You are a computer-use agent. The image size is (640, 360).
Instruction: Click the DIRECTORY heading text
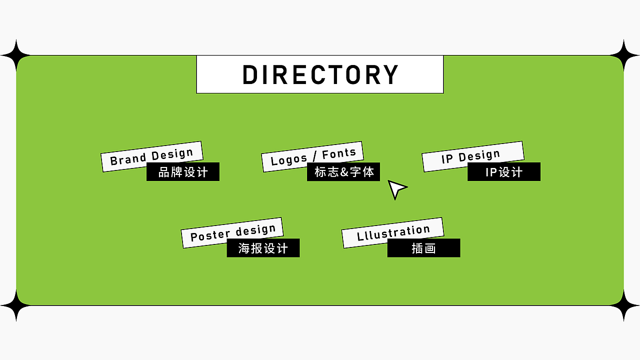pos(320,74)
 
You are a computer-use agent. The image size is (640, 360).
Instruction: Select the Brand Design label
pos(151,156)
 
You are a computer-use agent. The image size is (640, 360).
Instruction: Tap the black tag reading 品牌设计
pos(183,172)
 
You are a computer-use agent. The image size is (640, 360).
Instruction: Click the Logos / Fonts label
pos(312,156)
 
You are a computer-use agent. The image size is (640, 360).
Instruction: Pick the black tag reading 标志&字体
pos(343,172)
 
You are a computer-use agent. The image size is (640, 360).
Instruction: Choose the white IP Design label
pos(472,156)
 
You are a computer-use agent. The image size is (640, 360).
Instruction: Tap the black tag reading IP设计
pos(504,172)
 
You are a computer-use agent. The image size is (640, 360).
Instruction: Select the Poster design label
pos(232,232)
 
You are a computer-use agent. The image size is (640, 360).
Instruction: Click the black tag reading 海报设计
pos(263,248)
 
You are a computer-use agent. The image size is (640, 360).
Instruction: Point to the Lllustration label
pos(393,232)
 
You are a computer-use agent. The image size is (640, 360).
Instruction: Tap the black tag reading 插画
pos(423,248)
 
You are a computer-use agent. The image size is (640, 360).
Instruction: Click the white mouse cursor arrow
pos(396,188)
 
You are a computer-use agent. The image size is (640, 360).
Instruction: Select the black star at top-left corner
pos(16,55)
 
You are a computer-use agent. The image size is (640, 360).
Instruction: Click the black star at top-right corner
pos(624,55)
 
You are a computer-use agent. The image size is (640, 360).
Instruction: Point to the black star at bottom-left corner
pos(16,304)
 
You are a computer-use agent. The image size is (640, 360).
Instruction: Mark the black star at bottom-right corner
pos(624,304)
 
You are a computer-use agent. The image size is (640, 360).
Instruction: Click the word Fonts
pos(339,153)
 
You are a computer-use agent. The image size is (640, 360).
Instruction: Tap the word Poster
pos(210,235)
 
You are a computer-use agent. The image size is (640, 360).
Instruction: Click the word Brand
pos(128,159)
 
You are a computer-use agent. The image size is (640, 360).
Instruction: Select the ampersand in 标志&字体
pos(344,172)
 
